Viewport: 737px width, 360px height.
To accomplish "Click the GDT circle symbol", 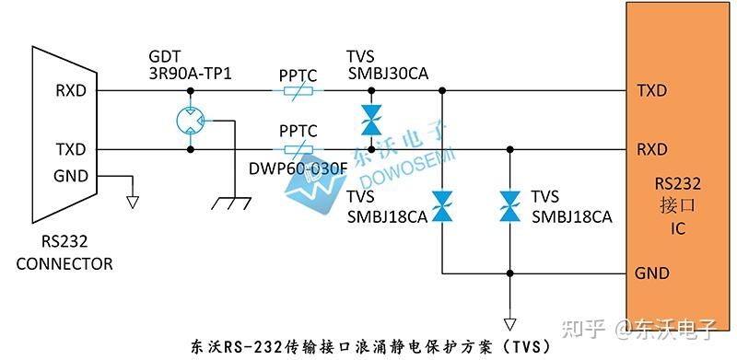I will [191, 120].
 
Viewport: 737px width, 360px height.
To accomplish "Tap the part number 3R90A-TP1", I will [191, 73].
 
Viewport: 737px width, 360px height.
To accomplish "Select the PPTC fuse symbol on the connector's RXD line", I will [297, 91].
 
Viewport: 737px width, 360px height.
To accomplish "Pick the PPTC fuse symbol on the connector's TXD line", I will [297, 148].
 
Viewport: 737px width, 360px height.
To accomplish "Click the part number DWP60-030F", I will [297, 168].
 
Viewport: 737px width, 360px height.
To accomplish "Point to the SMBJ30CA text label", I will [389, 74].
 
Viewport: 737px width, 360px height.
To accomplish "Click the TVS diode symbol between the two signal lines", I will [370, 120].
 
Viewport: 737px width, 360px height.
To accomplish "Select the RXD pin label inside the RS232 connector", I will [71, 90].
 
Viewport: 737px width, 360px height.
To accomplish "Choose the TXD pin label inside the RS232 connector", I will [71, 148].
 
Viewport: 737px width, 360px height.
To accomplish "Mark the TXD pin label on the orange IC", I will [651, 90].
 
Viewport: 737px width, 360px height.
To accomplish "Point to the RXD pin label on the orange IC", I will [651, 148].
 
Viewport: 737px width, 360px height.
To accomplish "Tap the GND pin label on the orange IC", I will [651, 273].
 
